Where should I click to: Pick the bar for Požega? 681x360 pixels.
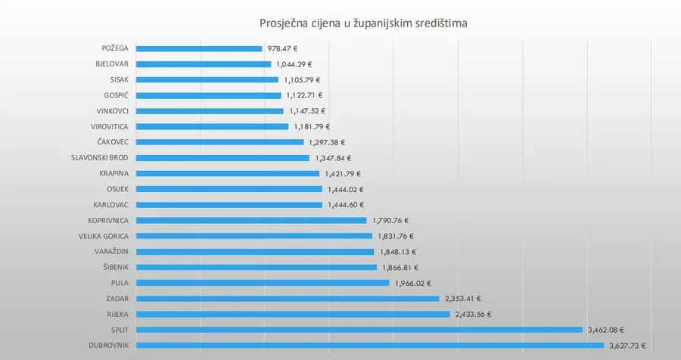[x=199, y=48]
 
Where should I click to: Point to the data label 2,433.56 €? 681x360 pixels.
[x=474, y=314]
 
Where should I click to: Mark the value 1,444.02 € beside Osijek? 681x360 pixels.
[x=346, y=189]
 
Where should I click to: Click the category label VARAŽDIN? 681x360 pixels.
[x=110, y=252]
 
